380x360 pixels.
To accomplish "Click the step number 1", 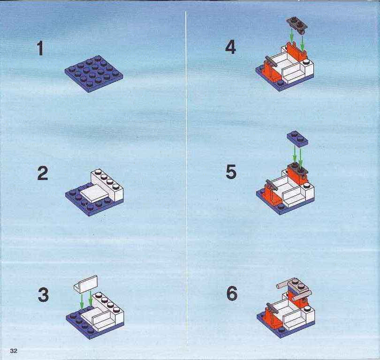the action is (40, 48).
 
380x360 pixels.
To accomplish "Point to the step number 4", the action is (230, 47).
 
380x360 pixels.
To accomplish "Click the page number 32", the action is (14, 351).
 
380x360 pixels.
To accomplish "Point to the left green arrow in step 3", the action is (82, 301).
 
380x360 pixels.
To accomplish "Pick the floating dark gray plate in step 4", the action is (297, 25).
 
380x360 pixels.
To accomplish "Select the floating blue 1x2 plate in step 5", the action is (298, 139).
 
